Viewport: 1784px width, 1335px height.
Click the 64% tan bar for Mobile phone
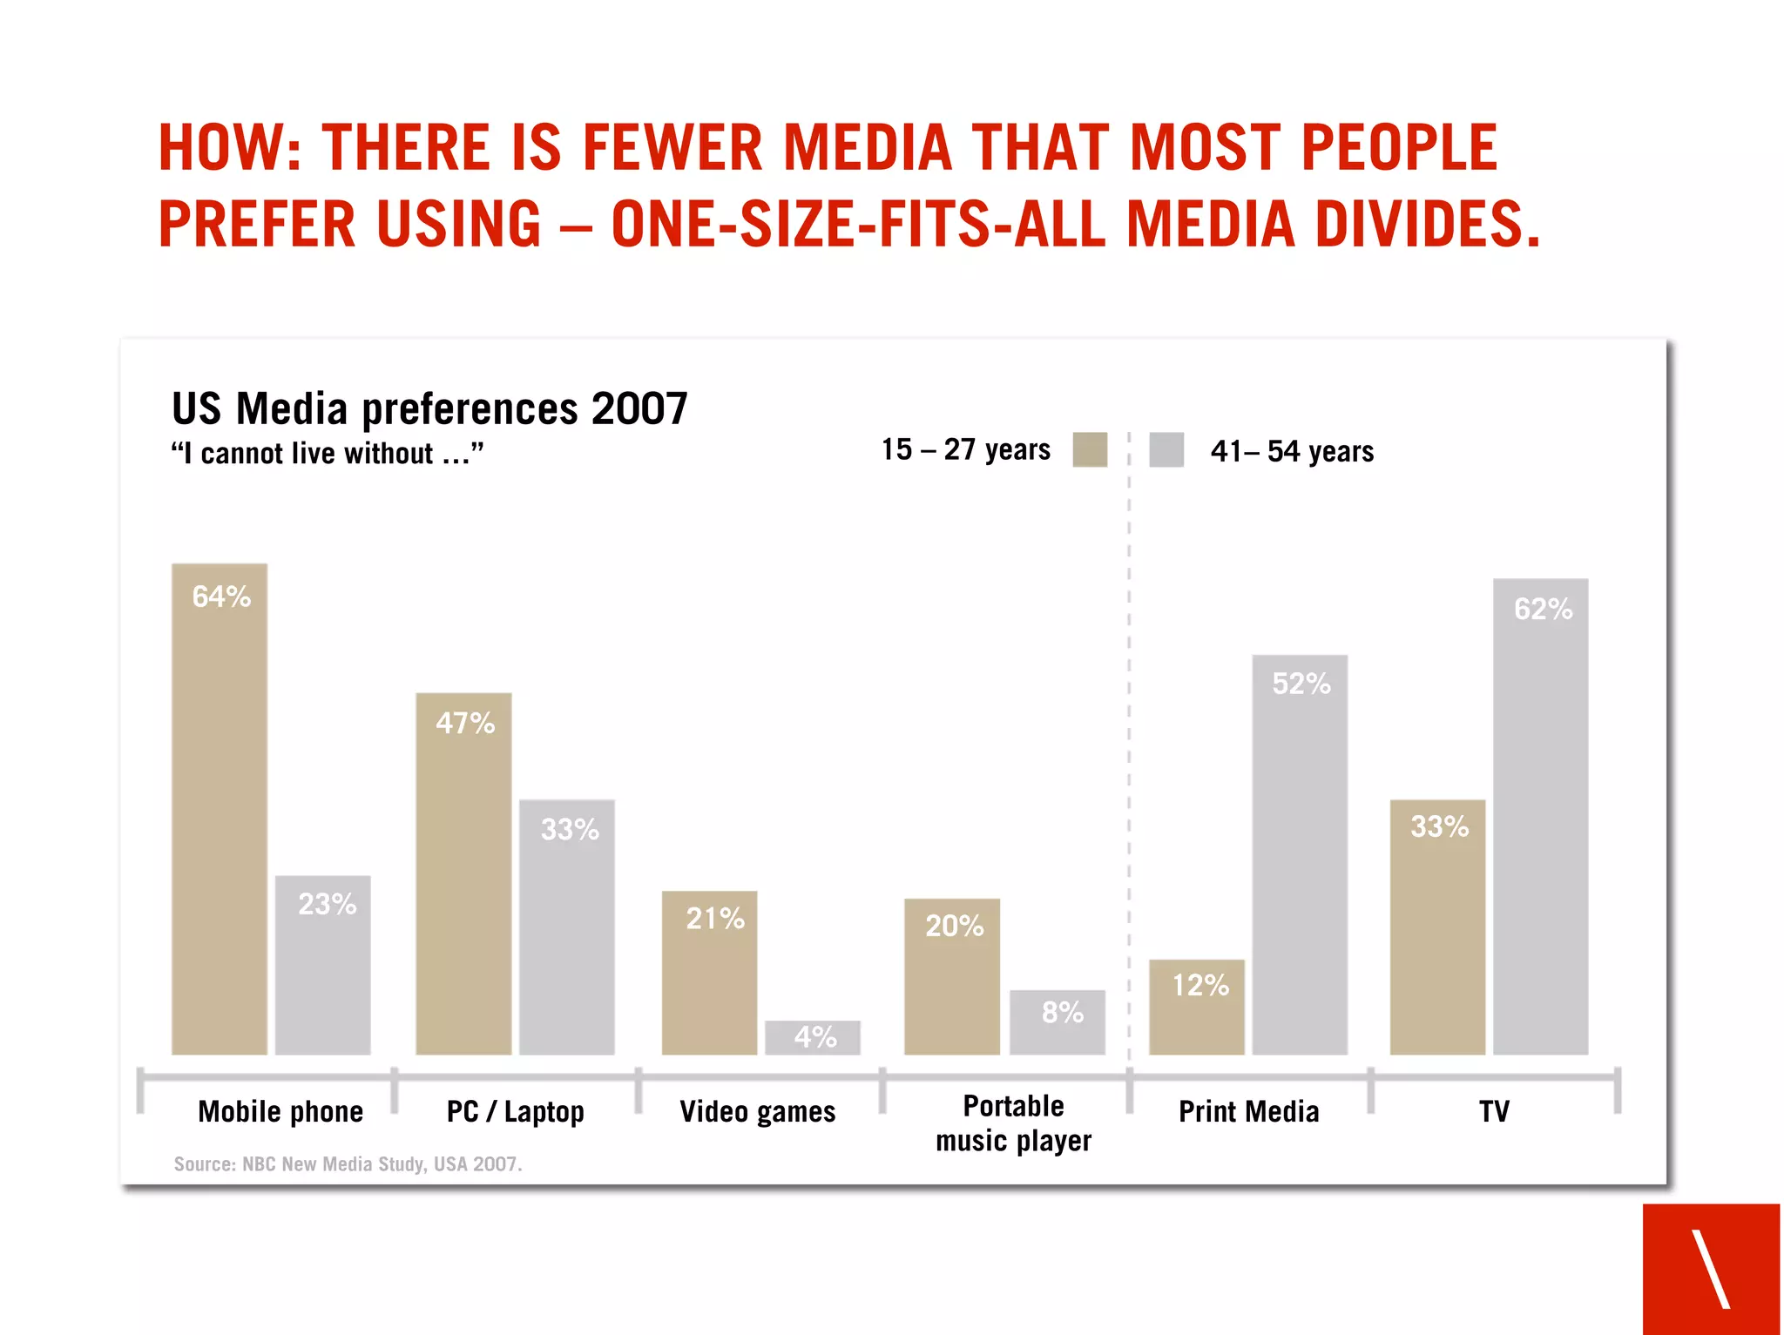[219, 810]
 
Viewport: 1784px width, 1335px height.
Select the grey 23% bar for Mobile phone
[322, 967]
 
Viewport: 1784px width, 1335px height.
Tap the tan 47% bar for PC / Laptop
[463, 875]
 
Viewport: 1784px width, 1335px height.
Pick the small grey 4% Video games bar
[812, 1038]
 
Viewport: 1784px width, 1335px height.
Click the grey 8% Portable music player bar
[1057, 1023]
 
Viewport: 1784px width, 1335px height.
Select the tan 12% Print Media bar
[1196, 1008]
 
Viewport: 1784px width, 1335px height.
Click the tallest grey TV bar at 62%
[1540, 819]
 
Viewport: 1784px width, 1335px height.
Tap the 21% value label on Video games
[715, 919]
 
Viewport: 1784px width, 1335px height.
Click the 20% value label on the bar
[954, 926]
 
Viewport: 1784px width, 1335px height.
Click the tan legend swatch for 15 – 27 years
[1089, 450]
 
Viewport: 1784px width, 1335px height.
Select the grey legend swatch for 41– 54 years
[1166, 450]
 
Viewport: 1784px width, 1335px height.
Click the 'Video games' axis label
[757, 1112]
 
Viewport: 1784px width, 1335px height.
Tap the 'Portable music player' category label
[1013, 1123]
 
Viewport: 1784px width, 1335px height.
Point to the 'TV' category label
[1493, 1112]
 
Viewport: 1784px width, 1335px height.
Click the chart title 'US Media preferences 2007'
[429, 408]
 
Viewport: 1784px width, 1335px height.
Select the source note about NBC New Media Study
[348, 1164]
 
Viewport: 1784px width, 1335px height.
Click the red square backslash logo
[1711, 1269]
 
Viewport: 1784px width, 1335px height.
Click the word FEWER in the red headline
[672, 147]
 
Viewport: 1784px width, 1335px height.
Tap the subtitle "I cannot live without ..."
[327, 454]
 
